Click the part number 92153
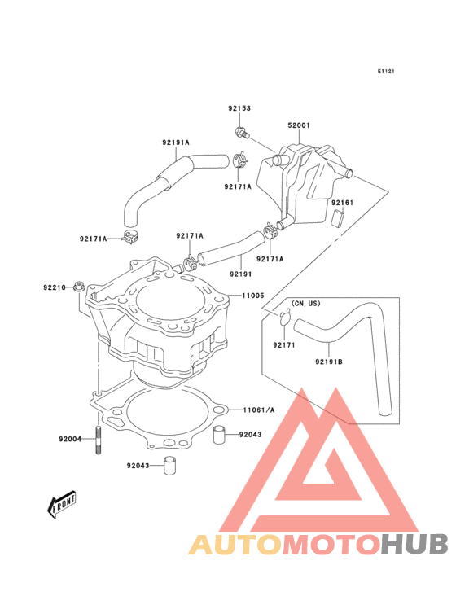pos(239,108)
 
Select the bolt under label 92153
pos(242,132)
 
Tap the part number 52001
pos(299,125)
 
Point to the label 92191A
pos(176,142)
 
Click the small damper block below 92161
pos(337,218)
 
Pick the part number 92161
pos(342,203)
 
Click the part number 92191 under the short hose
pos(240,274)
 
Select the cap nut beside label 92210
pos(79,287)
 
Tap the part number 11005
pos(253,296)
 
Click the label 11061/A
pos(259,410)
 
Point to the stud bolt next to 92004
pos(99,440)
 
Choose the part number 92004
pos(70,439)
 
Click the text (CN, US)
pos(306,304)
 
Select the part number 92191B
pos(329,362)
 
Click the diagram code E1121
pos(386,71)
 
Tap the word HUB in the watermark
pos(415,544)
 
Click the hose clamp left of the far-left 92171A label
pos(129,237)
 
